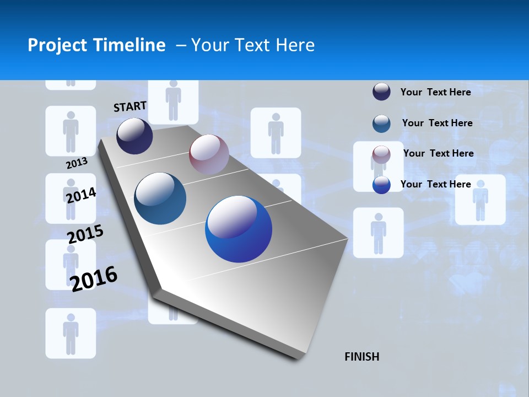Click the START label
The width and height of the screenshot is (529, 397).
click(130, 106)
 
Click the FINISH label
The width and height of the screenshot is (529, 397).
click(362, 357)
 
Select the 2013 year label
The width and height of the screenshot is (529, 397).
click(77, 163)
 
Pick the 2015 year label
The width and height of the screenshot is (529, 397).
click(85, 234)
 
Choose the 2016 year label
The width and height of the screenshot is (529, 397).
click(94, 279)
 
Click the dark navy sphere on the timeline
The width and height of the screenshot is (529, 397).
click(134, 136)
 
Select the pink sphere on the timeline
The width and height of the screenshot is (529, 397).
click(209, 154)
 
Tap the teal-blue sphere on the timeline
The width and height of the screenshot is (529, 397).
click(160, 198)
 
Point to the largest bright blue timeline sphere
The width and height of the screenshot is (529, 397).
click(239, 229)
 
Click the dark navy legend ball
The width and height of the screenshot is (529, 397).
click(381, 92)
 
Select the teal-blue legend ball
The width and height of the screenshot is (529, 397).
click(381, 124)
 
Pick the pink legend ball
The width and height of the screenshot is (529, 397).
click(381, 154)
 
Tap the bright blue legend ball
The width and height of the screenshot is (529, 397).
click(381, 185)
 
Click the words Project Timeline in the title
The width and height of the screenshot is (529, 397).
click(96, 45)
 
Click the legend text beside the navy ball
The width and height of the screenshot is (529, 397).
click(435, 92)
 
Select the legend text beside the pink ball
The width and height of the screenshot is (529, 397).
click(438, 153)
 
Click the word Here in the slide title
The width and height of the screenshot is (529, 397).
click(295, 45)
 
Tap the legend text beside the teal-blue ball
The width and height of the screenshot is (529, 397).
click(437, 123)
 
